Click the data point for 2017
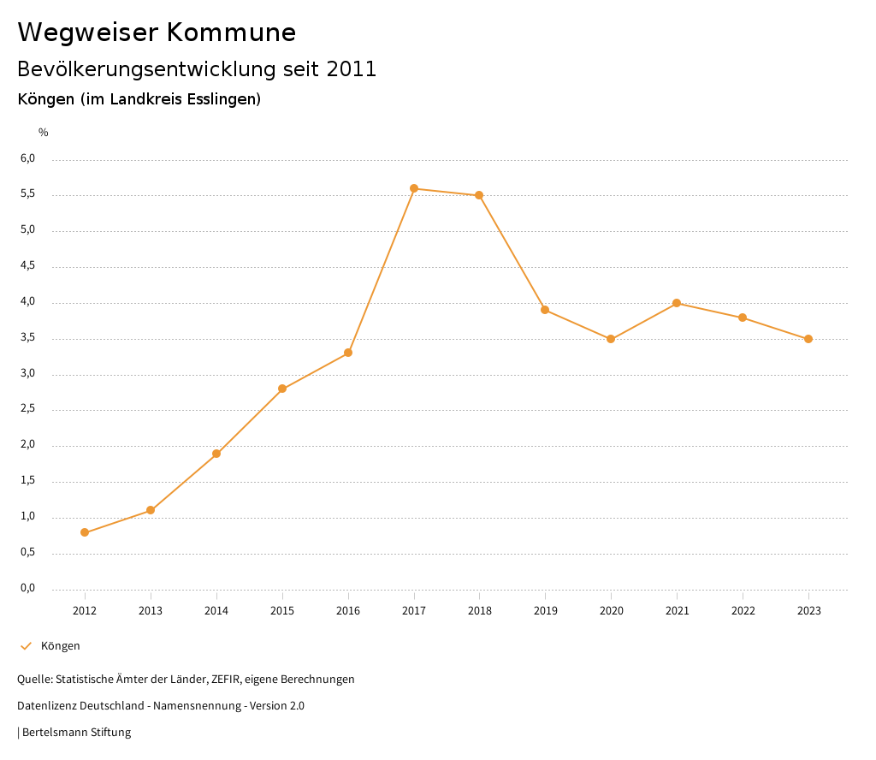click(414, 188)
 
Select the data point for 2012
click(85, 532)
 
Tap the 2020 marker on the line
click(611, 339)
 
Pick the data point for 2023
click(808, 339)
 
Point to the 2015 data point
click(282, 389)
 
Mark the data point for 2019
click(545, 310)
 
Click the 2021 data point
click(677, 303)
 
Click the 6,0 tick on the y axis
click(27, 158)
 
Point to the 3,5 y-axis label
click(27, 338)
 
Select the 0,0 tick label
click(27, 588)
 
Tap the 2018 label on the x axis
click(479, 611)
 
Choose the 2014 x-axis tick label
click(216, 611)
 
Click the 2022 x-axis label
click(743, 611)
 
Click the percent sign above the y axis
click(44, 133)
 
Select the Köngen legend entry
click(60, 646)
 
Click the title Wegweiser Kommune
click(157, 32)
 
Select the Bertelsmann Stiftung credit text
click(76, 733)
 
